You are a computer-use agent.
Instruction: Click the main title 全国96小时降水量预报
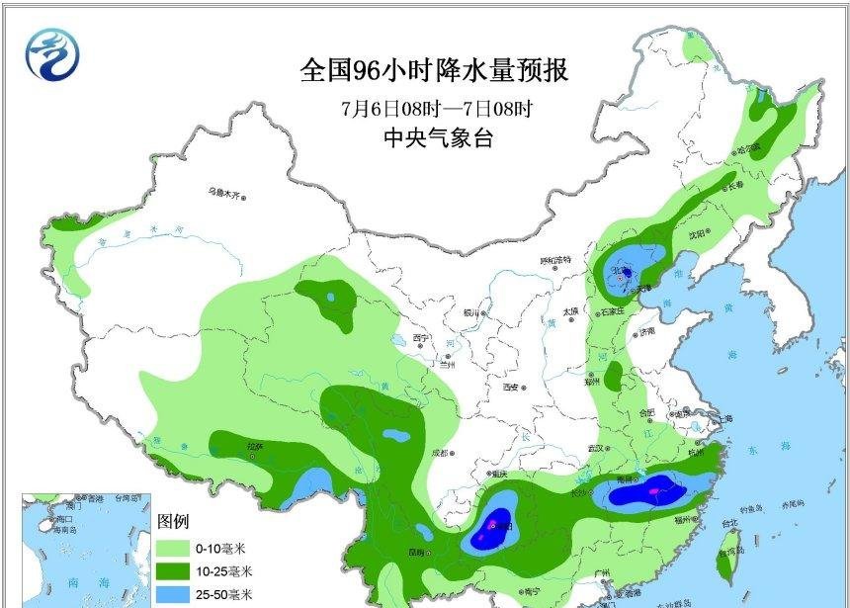(435, 72)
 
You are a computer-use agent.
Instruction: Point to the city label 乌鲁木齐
(223, 193)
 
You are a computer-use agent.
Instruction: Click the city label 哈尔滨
(747, 150)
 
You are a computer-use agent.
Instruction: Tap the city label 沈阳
(699, 234)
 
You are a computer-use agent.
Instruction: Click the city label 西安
(511, 388)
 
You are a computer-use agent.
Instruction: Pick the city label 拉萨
(255, 447)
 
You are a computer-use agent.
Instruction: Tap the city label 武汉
(596, 448)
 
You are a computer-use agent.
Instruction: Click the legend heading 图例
(173, 521)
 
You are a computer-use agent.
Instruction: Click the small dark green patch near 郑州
(615, 377)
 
